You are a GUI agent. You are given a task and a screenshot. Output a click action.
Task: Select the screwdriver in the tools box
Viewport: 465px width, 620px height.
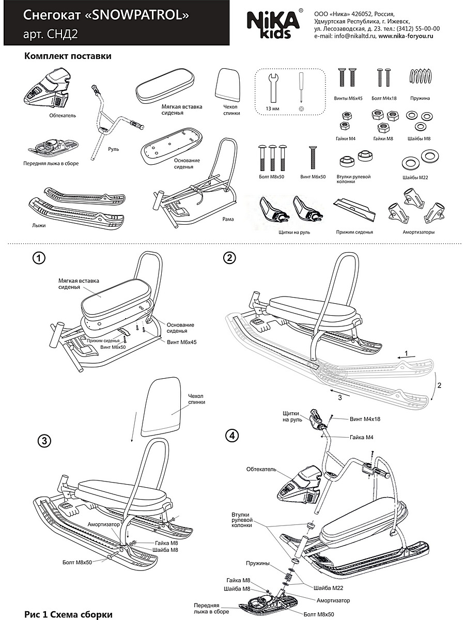click(300, 88)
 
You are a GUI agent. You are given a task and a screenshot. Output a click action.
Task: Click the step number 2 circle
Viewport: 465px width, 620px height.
click(229, 257)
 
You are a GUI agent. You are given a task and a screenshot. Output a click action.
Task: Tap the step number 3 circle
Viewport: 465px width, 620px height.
click(45, 440)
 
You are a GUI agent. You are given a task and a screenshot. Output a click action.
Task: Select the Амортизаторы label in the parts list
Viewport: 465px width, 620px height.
click(419, 233)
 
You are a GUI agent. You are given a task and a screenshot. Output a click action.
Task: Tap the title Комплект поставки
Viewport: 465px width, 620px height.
click(68, 56)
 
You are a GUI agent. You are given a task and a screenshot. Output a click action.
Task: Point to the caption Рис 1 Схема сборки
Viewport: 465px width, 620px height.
click(68, 614)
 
